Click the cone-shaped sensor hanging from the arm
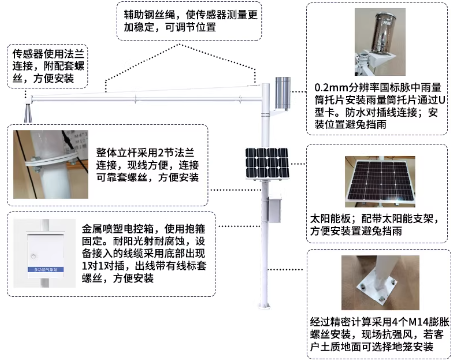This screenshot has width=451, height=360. [28, 113]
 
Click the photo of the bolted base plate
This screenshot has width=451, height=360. [380, 283]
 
